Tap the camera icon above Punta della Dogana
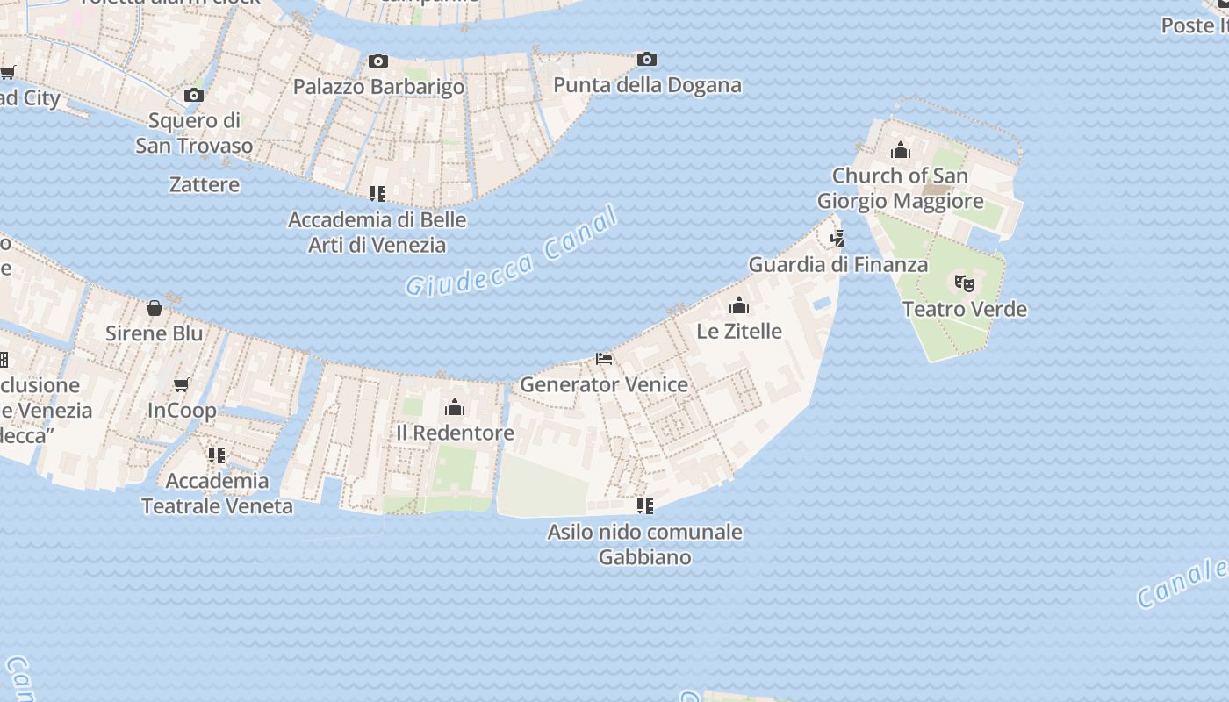pos(647,60)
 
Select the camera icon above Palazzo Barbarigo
pos(378,61)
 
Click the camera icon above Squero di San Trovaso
pos(194,95)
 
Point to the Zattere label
pos(205,184)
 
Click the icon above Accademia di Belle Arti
pos(377,194)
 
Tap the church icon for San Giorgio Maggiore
pos(901,150)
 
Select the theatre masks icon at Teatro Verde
pos(965,283)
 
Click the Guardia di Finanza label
pos(837,264)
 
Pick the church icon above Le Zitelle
pos(739,305)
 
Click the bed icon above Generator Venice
pos(604,358)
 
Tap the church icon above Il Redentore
pos(455,407)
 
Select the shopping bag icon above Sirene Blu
pos(155,308)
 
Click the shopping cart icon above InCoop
pos(182,384)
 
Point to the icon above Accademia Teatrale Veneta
pos(217,455)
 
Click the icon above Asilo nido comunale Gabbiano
pos(645,506)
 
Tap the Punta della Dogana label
pos(647,85)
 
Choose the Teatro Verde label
pos(965,309)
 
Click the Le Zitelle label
pos(739,331)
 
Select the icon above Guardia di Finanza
pos(838,238)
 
